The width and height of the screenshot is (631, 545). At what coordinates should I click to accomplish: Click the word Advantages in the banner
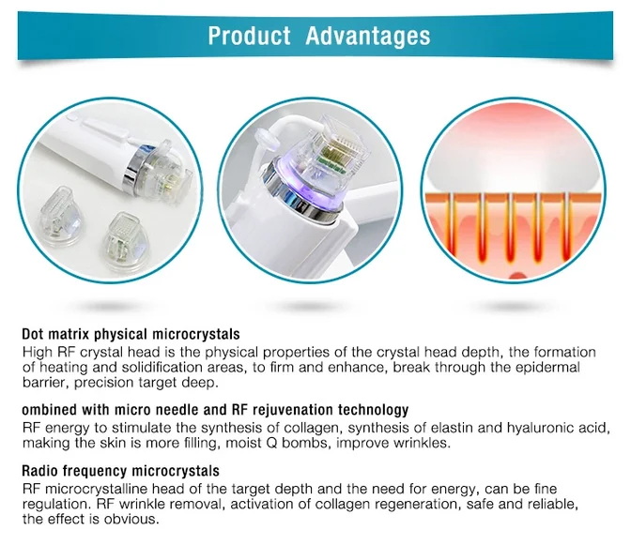(368, 37)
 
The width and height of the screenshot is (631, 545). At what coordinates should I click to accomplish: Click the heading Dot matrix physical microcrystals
(131, 335)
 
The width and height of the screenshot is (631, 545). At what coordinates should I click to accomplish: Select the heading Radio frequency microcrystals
(120, 471)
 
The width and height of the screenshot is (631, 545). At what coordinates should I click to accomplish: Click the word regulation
(54, 504)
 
